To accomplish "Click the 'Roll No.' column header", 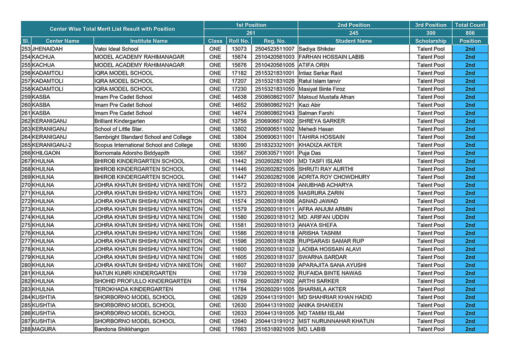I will (239, 41).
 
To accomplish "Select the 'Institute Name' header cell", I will (148, 41).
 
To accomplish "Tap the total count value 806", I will (470, 33).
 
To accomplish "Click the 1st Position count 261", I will (251, 33).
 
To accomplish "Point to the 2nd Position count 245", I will (353, 33).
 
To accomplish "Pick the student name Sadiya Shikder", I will (317, 49).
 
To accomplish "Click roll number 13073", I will (239, 49).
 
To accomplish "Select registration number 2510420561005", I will (274, 65).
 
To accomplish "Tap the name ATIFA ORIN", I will (314, 65).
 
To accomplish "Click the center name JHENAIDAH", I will (50, 49).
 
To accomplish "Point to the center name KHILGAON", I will (46, 153).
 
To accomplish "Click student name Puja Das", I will (310, 153).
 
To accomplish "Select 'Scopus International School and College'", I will (143, 145).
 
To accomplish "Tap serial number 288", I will (26, 329).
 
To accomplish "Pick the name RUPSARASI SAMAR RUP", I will (331, 241).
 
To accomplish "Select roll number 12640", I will (239, 321).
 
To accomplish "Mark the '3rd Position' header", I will (431, 25).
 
